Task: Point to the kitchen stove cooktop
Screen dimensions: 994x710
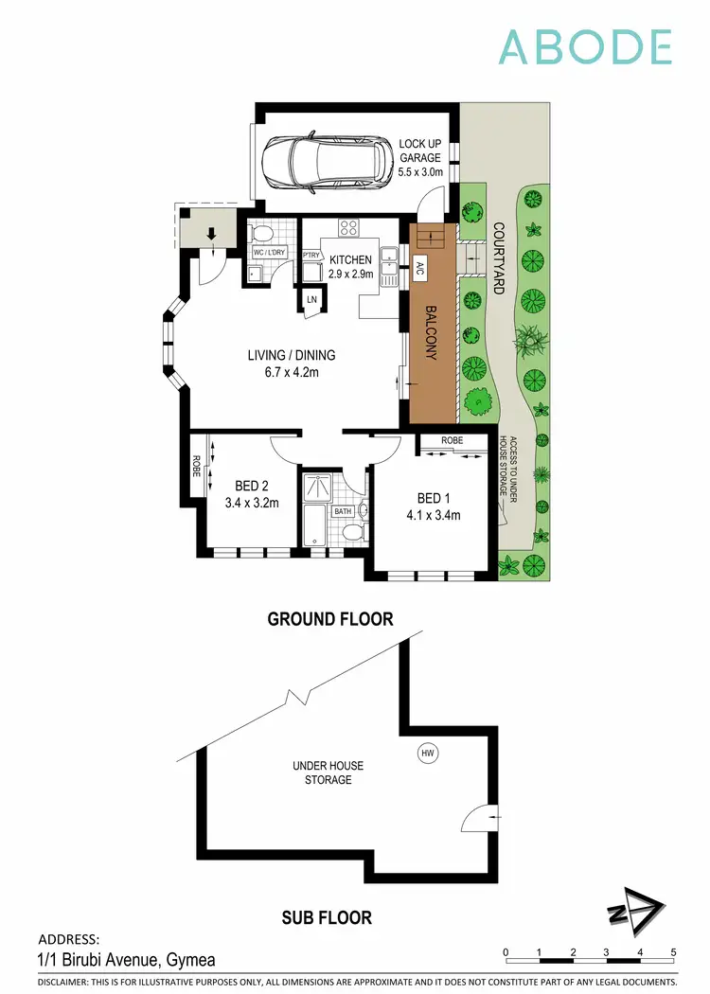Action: [347, 227]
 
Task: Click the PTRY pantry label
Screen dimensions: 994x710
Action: [310, 255]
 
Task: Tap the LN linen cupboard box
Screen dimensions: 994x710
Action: [311, 299]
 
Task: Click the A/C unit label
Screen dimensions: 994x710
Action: [419, 268]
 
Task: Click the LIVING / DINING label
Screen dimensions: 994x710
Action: [292, 364]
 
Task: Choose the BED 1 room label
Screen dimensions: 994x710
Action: [438, 506]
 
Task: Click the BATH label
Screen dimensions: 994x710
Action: [342, 512]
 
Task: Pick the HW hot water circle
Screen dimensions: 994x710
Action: [428, 754]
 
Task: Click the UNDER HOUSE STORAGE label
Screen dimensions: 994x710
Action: [328, 772]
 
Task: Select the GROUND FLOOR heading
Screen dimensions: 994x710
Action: [329, 619]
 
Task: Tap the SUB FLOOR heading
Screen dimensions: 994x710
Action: [327, 917]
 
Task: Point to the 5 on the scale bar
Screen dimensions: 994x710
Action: [672, 952]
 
